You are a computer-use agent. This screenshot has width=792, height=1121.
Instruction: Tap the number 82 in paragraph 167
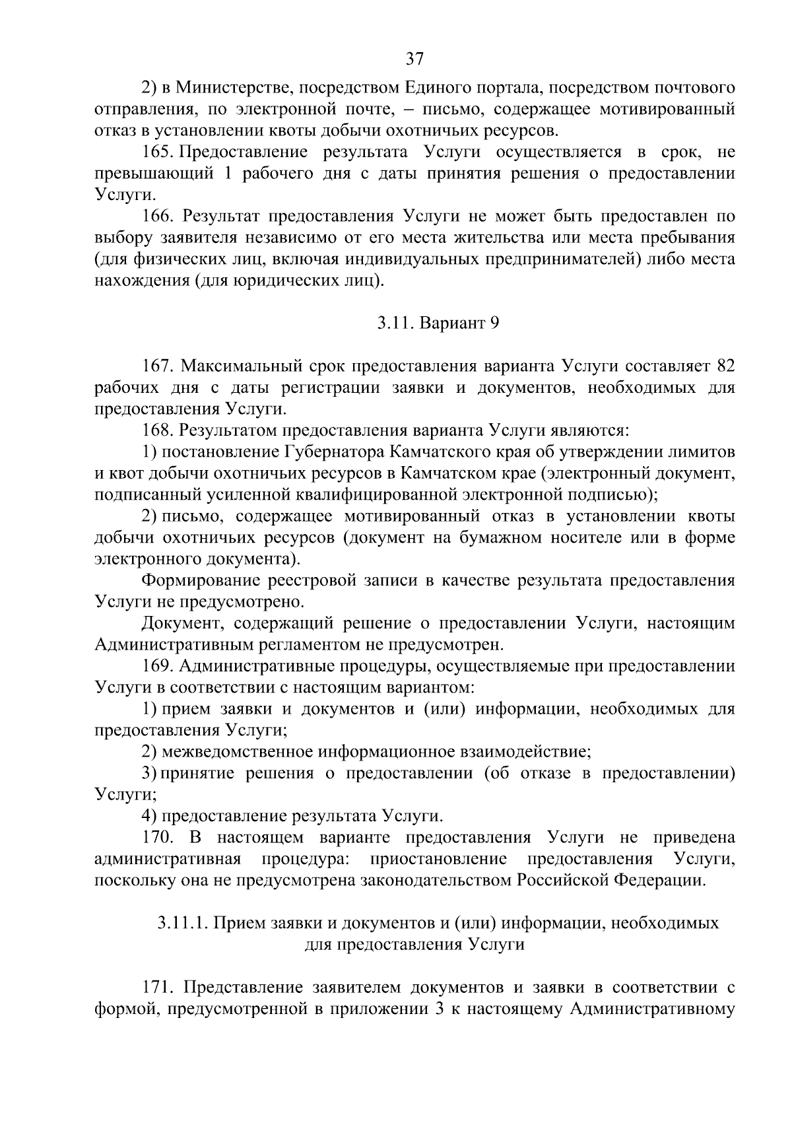click(x=725, y=366)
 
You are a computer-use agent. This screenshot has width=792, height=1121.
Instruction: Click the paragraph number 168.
click(x=158, y=431)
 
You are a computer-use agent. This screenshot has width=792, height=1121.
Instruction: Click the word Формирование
click(x=201, y=581)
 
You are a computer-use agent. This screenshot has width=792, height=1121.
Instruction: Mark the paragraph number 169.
click(x=158, y=666)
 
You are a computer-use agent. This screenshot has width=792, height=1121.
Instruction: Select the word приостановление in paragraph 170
click(x=439, y=860)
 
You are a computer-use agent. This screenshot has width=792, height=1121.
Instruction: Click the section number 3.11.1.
click(x=182, y=923)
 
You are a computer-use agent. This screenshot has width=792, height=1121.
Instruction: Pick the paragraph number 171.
click(x=158, y=988)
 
